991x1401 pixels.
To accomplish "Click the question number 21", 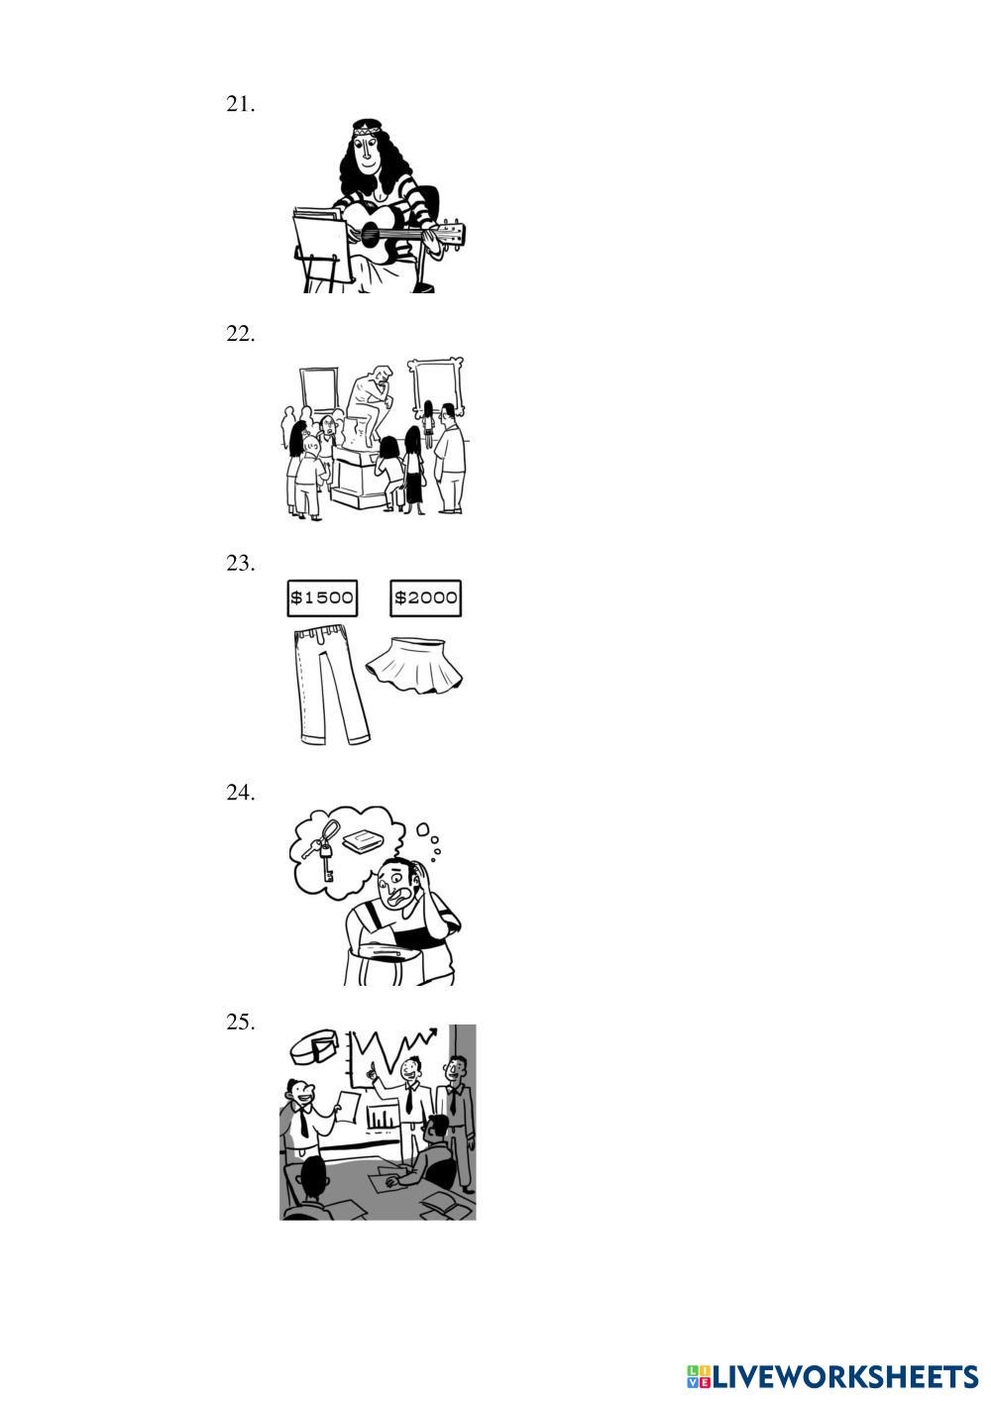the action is point(240,104).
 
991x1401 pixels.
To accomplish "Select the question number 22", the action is point(240,334).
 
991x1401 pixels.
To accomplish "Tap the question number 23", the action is point(240,563).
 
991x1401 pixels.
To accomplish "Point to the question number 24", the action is point(240,793).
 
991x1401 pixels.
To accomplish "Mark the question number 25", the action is point(240,1023).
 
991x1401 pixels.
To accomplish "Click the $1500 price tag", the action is point(322,597).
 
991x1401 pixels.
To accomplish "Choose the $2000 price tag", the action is point(426,597).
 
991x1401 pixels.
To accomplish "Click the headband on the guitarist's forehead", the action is point(367,129).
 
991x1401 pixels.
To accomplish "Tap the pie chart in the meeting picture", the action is point(315,1045).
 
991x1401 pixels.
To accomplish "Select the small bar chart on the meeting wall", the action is point(382,1118).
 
